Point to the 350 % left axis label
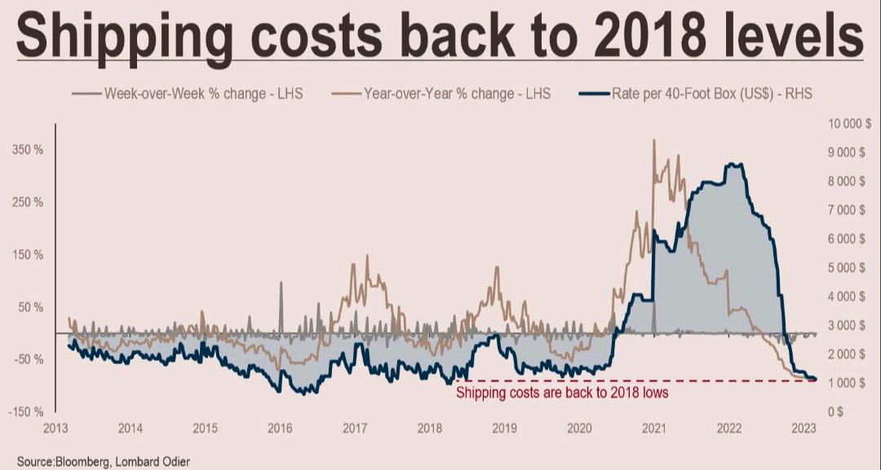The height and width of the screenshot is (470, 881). click(x=29, y=150)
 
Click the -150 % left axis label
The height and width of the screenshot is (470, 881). click(x=27, y=412)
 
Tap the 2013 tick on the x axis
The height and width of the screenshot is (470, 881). click(x=55, y=428)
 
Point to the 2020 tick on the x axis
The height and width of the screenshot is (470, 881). click(x=579, y=428)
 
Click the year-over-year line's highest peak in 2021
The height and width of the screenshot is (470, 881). click(x=654, y=141)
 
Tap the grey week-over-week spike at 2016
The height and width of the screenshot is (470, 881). click(x=281, y=284)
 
